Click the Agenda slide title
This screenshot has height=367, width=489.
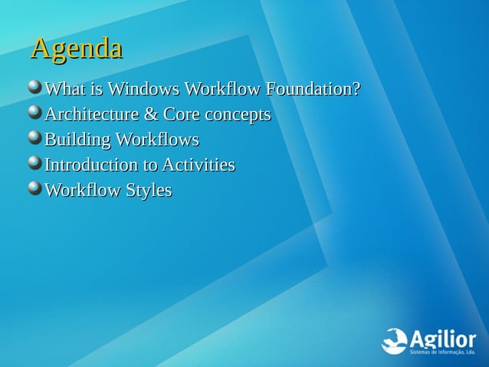76,48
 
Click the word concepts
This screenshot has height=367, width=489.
237,116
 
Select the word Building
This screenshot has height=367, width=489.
77,141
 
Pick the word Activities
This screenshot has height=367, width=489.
199,165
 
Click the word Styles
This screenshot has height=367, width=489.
149,190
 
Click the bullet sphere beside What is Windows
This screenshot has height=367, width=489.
34,88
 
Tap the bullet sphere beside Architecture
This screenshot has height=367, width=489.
34,114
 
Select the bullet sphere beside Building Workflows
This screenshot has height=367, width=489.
34,138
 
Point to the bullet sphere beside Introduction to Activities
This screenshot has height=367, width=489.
34,164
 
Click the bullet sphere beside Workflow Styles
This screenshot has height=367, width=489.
34,188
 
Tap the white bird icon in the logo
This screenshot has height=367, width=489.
394,341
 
